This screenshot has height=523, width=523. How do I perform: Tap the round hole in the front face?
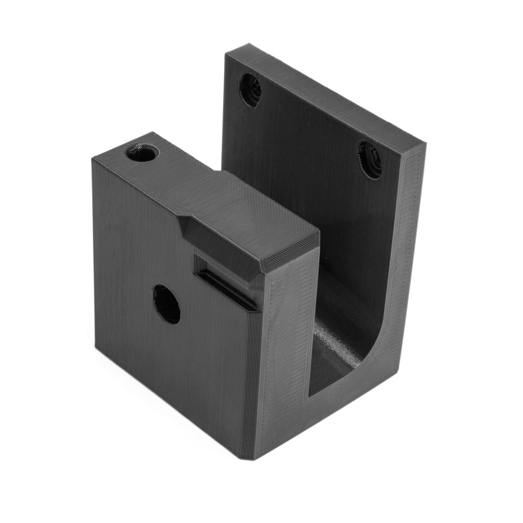click(x=166, y=304)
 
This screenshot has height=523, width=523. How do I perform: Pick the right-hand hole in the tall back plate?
click(x=370, y=160)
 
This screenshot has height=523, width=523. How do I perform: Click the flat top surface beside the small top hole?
click(x=174, y=174)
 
